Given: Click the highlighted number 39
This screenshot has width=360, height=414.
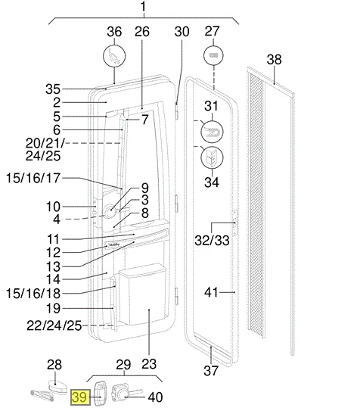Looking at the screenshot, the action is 80,397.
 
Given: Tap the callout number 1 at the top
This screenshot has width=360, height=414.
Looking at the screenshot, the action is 143,6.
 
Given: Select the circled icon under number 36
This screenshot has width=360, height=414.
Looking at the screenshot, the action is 114,56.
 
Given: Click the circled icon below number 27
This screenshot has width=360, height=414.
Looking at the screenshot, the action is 213,56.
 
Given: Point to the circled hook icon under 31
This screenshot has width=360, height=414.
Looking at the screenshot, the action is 212,132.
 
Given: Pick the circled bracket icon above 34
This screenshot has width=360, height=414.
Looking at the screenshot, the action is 212,157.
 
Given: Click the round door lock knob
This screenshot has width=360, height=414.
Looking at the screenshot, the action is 109,211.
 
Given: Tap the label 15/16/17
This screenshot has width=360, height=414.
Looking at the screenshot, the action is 33,178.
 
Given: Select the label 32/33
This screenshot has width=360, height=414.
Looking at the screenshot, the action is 212,240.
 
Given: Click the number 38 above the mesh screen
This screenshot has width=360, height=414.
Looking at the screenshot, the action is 274,59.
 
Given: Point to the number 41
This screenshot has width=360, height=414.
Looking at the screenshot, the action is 212,292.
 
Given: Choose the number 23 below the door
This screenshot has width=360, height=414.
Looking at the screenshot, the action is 149,364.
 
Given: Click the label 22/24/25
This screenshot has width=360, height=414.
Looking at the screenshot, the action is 54,325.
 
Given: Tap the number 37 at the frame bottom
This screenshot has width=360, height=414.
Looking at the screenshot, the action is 211,370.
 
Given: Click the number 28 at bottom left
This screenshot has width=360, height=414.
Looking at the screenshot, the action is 54,365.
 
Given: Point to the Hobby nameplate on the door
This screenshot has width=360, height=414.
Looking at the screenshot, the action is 113,245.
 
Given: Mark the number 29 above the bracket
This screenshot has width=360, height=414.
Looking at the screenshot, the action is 123,365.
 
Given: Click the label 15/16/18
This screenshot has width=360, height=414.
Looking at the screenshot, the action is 33,294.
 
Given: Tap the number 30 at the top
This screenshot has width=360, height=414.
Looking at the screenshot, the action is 182,32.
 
